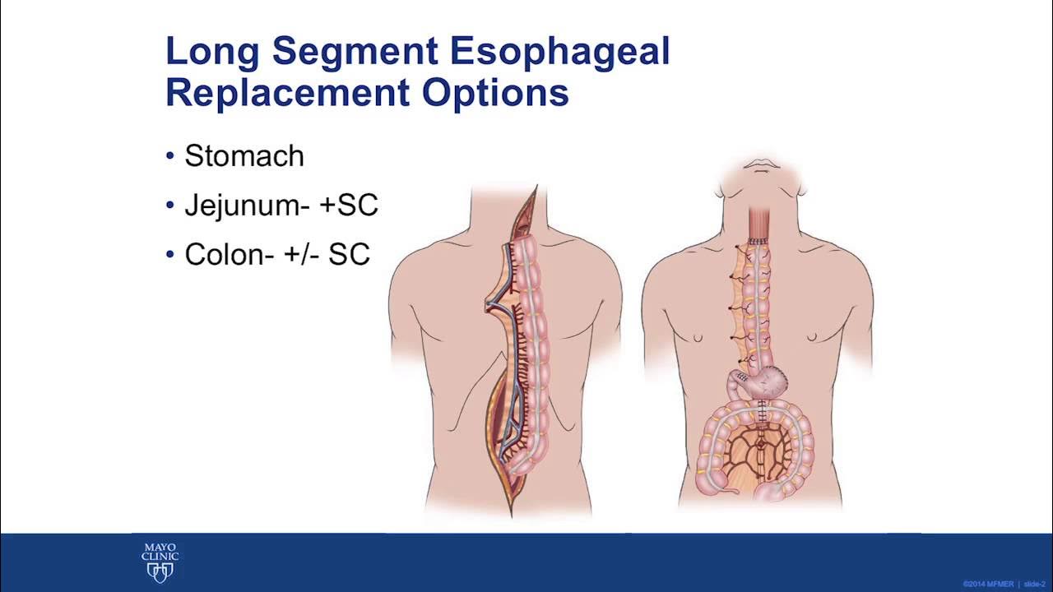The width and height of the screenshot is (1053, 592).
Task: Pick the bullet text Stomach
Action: tap(244, 156)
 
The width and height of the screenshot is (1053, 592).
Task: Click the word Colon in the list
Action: tap(223, 255)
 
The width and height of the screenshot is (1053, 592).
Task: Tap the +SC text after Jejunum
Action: tap(348, 206)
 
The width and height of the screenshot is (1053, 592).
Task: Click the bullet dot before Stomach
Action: tap(170, 156)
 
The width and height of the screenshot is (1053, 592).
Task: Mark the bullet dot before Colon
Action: tap(170, 255)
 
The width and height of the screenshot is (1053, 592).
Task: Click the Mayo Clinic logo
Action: tap(160, 562)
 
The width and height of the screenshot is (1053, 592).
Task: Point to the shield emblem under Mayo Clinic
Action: tap(160, 572)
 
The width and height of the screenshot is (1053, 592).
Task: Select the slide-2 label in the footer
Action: tap(1034, 584)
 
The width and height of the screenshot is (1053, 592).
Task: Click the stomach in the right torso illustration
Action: tap(767, 381)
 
